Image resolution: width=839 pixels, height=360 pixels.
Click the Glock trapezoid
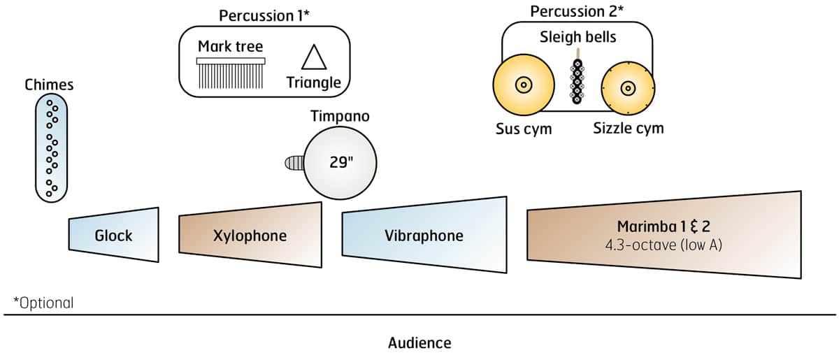click(x=114, y=235)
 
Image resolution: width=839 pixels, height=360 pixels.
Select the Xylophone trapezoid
click(x=250, y=235)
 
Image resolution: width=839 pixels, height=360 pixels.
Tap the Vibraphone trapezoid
click(x=424, y=235)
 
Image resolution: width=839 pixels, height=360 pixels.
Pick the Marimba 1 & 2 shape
click(x=664, y=234)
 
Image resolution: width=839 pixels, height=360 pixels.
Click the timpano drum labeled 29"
click(x=340, y=163)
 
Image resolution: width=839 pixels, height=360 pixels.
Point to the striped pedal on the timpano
click(x=294, y=164)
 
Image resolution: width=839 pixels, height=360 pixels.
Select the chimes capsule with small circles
click(x=52, y=148)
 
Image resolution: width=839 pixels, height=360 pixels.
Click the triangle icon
click(x=314, y=57)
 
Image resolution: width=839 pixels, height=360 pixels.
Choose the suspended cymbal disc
click(x=522, y=86)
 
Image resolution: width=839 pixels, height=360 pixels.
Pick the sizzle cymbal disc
click(x=627, y=89)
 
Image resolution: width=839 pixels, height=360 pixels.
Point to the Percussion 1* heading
click(x=264, y=15)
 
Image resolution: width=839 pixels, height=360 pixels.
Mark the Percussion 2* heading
click(x=577, y=12)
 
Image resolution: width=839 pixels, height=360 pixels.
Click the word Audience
click(x=419, y=343)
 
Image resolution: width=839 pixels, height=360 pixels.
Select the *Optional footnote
click(x=43, y=303)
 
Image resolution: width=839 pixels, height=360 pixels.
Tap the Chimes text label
click(x=49, y=85)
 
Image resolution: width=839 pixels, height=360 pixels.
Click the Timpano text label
click(x=340, y=116)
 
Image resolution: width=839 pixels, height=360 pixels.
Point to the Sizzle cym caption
click(x=629, y=129)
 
